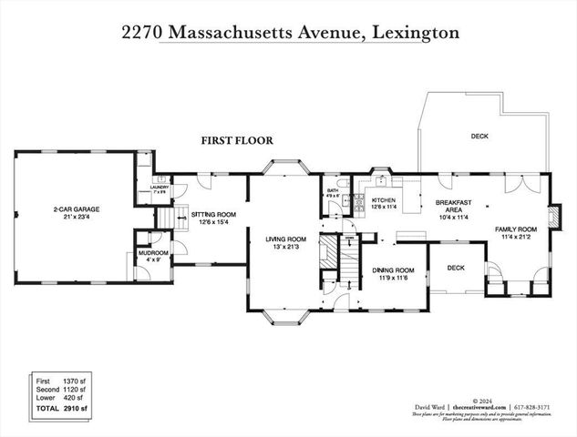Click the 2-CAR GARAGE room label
point(76,209)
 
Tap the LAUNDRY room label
point(159,188)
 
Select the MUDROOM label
point(153,254)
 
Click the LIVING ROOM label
point(285,239)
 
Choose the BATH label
point(332,190)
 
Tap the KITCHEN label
point(382,198)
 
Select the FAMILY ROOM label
point(516,230)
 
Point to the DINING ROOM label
point(392,270)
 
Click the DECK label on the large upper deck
point(479,136)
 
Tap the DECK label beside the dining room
point(456,268)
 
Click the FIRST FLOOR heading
point(238,140)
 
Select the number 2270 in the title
point(142,32)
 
